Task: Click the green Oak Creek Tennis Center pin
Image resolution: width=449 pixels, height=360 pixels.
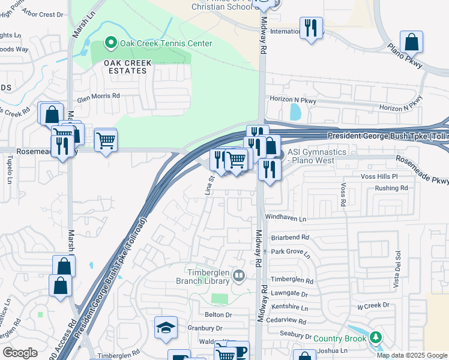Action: click(110, 43)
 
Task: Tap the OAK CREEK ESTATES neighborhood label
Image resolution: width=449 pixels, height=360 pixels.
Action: click(125, 67)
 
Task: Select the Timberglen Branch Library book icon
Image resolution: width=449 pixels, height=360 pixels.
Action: click(240, 275)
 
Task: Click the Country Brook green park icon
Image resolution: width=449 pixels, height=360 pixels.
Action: click(376, 338)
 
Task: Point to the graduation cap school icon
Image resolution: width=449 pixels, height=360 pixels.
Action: click(166, 327)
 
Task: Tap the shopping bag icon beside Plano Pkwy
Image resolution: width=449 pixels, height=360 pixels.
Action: click(411, 42)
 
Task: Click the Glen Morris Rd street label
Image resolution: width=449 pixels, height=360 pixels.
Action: click(98, 95)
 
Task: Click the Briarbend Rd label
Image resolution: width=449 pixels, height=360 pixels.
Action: click(289, 237)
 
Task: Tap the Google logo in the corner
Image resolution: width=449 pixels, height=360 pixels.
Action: click(20, 353)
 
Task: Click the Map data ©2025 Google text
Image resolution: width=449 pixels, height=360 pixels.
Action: click(411, 355)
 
